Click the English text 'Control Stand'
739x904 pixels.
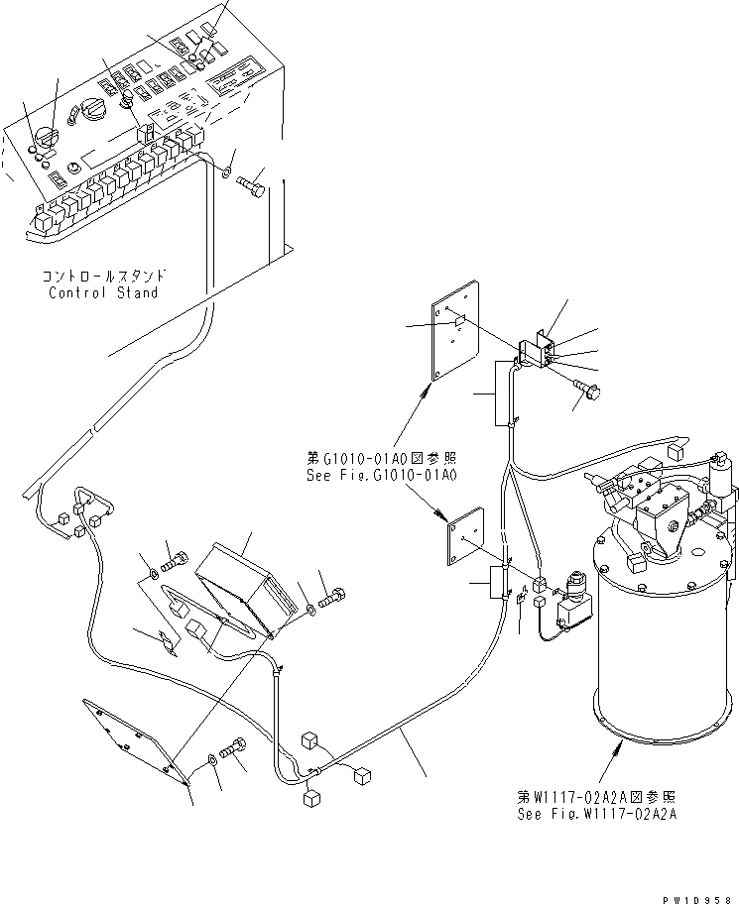pos(104,292)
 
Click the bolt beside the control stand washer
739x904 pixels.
pos(252,185)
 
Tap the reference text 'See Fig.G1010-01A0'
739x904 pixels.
pos(380,476)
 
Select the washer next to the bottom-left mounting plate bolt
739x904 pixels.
pos(213,761)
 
